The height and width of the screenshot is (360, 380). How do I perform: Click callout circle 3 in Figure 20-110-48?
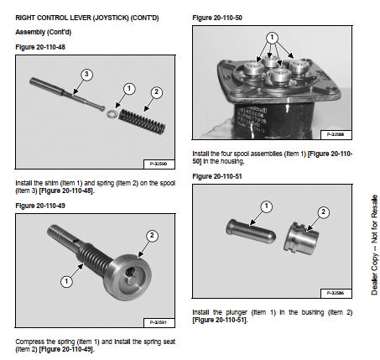tap(86, 75)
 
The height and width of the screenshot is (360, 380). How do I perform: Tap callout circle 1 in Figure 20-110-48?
tap(129, 89)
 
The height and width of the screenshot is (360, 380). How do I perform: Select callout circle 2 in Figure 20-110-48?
tap(156, 92)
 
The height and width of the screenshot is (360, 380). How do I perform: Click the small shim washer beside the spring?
tap(112, 113)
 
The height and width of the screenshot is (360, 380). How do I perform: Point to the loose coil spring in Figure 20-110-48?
tap(142, 122)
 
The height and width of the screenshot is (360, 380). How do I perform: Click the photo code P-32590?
tap(159, 164)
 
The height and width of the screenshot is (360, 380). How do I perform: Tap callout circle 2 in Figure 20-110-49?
tap(152, 235)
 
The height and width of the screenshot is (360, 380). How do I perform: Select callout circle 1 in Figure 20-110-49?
tap(66, 281)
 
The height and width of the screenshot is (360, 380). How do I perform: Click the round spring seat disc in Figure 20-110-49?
tap(128, 277)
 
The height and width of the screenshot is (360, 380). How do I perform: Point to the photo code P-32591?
tap(159, 322)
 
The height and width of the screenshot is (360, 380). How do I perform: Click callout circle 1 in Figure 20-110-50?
tap(272, 38)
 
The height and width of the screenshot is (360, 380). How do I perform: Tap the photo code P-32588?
tap(336, 134)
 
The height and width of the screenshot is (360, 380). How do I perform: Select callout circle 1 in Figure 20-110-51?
tap(266, 206)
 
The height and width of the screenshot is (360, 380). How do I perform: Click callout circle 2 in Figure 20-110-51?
tap(324, 212)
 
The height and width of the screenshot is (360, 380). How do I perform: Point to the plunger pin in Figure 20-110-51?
tap(251, 231)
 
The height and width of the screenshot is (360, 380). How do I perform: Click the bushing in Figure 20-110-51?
tap(301, 238)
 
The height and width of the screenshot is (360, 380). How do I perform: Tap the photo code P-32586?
tap(336, 293)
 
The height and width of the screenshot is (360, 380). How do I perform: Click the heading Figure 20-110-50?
tap(217, 18)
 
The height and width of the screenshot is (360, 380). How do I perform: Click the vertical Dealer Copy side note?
tap(374, 245)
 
